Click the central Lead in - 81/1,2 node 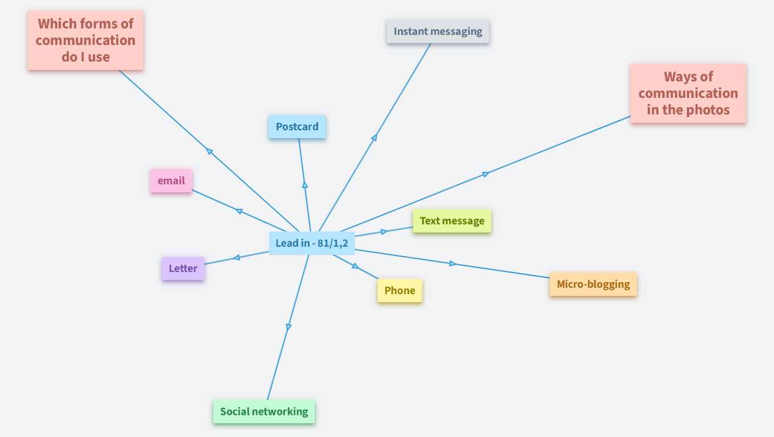pyautogui.click(x=311, y=243)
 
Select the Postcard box pyautogui.click(x=297, y=127)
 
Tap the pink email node pyautogui.click(x=171, y=181)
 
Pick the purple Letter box pyautogui.click(x=183, y=269)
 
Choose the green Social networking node pyautogui.click(x=264, y=411)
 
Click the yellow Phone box pyautogui.click(x=400, y=291)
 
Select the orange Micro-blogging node pyautogui.click(x=593, y=285)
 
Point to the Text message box pyautogui.click(x=452, y=221)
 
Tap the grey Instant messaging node pyautogui.click(x=438, y=31)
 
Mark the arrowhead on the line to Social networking pyautogui.click(x=289, y=327)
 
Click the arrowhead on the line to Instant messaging pyautogui.click(x=374, y=137)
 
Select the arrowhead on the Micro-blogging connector pyautogui.click(x=452, y=263)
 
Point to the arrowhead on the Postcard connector pyautogui.click(x=305, y=184)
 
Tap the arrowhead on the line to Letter pyautogui.click(x=237, y=257)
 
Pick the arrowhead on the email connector pyautogui.click(x=240, y=211)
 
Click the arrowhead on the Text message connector pyautogui.click(x=384, y=232)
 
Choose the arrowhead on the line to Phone pyautogui.click(x=355, y=266)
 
